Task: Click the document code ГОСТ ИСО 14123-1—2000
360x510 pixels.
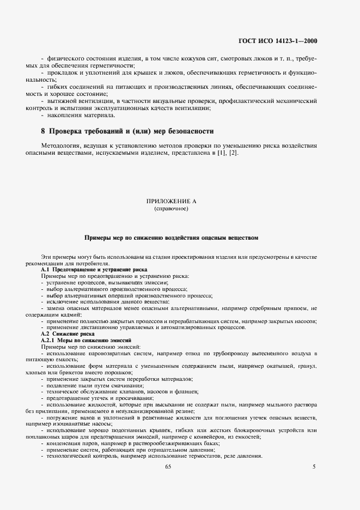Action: tap(285, 40)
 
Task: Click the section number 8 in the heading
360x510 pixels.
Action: tap(43, 131)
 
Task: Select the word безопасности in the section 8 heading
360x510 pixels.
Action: tap(187, 131)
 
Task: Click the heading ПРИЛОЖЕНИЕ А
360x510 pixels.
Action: tap(171, 201)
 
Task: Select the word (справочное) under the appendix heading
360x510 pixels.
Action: tap(171, 208)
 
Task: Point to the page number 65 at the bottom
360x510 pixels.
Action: tap(168, 466)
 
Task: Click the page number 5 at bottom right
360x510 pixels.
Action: tap(314, 466)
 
